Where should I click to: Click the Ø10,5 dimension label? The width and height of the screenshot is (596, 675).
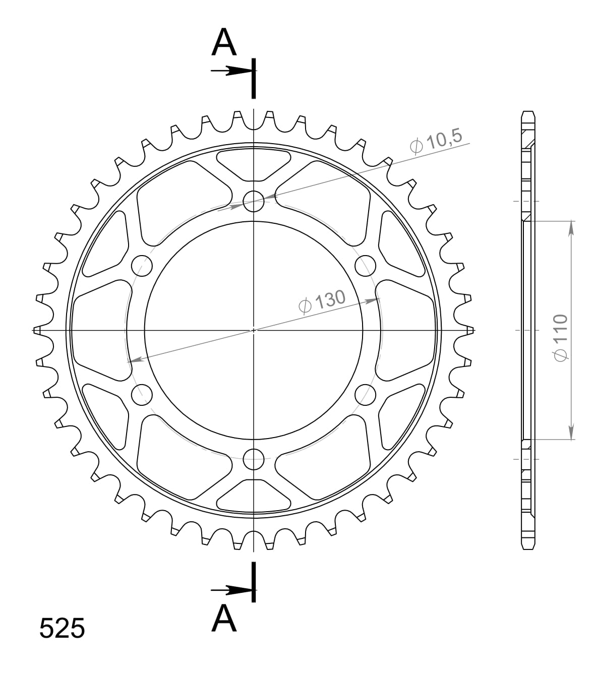pyautogui.click(x=437, y=143)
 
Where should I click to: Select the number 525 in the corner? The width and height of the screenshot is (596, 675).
pyautogui.click(x=62, y=628)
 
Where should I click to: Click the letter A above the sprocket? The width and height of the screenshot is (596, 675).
pyautogui.click(x=224, y=42)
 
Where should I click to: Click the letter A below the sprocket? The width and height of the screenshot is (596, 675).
pyautogui.click(x=224, y=619)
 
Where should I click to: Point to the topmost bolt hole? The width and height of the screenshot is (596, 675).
pyautogui.click(x=254, y=201)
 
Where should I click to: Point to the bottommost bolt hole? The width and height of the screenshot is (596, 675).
pyautogui.click(x=254, y=459)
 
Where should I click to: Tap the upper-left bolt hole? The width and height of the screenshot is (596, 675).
pyautogui.click(x=142, y=266)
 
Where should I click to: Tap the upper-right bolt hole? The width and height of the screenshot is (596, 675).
pyautogui.click(x=366, y=265)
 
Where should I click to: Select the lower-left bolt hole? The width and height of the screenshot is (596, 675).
pyautogui.click(x=142, y=395)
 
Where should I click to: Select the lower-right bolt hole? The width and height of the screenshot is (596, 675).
pyautogui.click(x=366, y=395)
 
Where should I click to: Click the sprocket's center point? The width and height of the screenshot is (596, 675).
pyautogui.click(x=254, y=330)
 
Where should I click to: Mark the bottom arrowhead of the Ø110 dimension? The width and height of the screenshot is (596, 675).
pyautogui.click(x=571, y=433)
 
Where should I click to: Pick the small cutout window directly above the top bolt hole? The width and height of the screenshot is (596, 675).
pyautogui.click(x=254, y=164)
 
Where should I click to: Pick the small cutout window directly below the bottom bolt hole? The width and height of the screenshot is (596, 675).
pyautogui.click(x=254, y=496)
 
